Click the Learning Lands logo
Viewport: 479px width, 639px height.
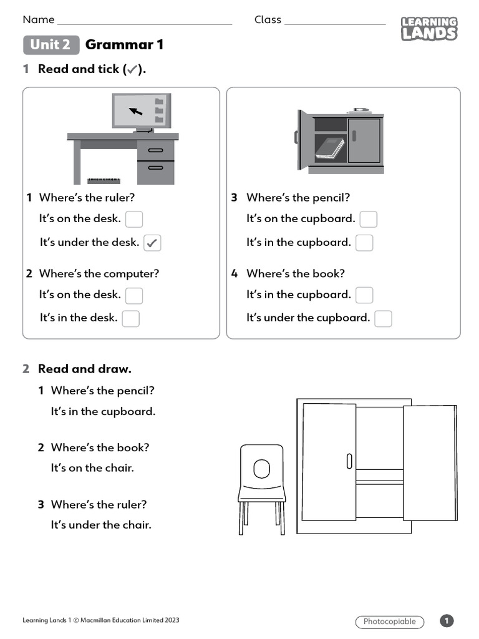[428, 29]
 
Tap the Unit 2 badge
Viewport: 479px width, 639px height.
[51, 45]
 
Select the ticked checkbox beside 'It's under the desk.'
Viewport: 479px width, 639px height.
[152, 243]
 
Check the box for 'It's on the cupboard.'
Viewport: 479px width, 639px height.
[369, 219]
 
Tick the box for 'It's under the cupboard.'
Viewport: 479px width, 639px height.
[383, 318]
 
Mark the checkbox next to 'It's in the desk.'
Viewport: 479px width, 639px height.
[130, 318]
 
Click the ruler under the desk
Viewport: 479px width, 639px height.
[104, 181]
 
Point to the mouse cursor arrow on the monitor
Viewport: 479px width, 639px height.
[136, 112]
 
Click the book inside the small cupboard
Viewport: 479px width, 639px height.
[329, 148]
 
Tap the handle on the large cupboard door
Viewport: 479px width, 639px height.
[349, 462]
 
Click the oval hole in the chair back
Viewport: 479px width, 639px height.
[262, 468]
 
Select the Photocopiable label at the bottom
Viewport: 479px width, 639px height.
[389, 622]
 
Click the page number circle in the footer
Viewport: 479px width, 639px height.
[447, 621]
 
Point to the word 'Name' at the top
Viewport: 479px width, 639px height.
[39, 20]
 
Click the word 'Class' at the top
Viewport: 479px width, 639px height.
[268, 20]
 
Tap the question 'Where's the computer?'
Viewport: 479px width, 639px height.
[99, 273]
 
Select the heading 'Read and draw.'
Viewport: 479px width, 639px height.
[85, 369]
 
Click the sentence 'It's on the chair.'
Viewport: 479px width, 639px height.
[92, 467]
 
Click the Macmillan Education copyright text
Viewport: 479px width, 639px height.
[101, 620]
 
